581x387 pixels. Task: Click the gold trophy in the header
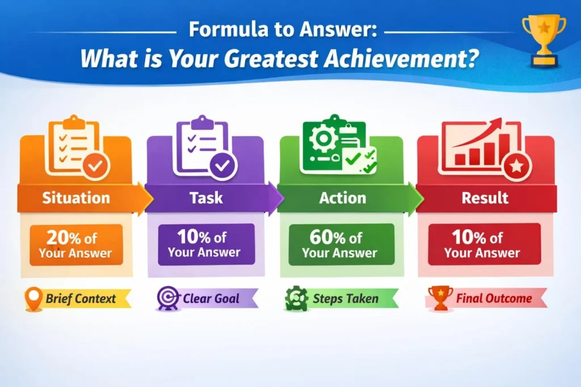[544, 41]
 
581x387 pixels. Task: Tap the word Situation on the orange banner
[76, 198]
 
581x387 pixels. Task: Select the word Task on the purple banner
[207, 198]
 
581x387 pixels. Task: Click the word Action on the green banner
[343, 198]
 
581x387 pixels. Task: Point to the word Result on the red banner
[485, 198]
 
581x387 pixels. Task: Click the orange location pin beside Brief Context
[33, 299]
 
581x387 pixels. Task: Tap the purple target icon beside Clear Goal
[168, 298]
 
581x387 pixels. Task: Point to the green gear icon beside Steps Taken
[296, 298]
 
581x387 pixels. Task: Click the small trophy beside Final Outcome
[440, 297]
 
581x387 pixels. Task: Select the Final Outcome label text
[494, 298]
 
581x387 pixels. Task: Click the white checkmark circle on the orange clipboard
[95, 166]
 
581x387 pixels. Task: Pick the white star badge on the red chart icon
[517, 167]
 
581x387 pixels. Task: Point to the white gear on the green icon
[323, 138]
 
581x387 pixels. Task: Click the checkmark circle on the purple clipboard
[222, 166]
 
